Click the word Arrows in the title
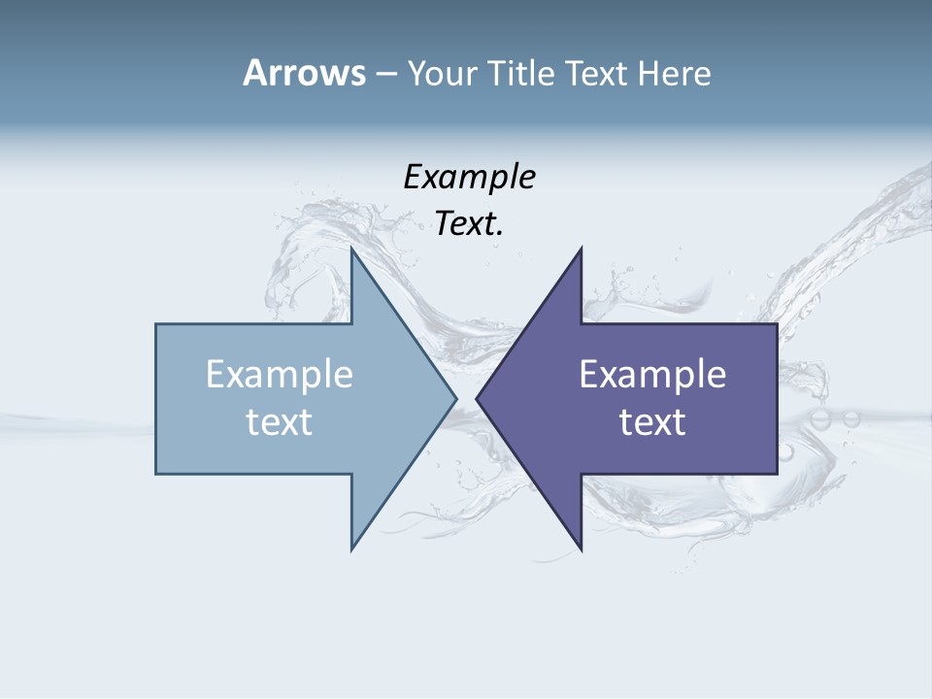tap(303, 73)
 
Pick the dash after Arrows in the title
tap(385, 75)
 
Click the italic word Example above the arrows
tap(469, 177)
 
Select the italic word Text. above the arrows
tap(469, 223)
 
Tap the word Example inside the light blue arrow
tap(280, 374)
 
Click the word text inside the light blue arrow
tap(280, 421)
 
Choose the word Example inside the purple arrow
tap(652, 374)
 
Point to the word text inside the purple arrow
tap(652, 421)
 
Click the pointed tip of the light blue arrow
tap(455, 398)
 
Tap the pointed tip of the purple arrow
tap(477, 398)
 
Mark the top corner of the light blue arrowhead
tap(352, 249)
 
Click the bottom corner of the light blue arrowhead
tap(352, 549)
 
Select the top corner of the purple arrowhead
tap(581, 249)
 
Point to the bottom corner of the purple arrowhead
tap(581, 549)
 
